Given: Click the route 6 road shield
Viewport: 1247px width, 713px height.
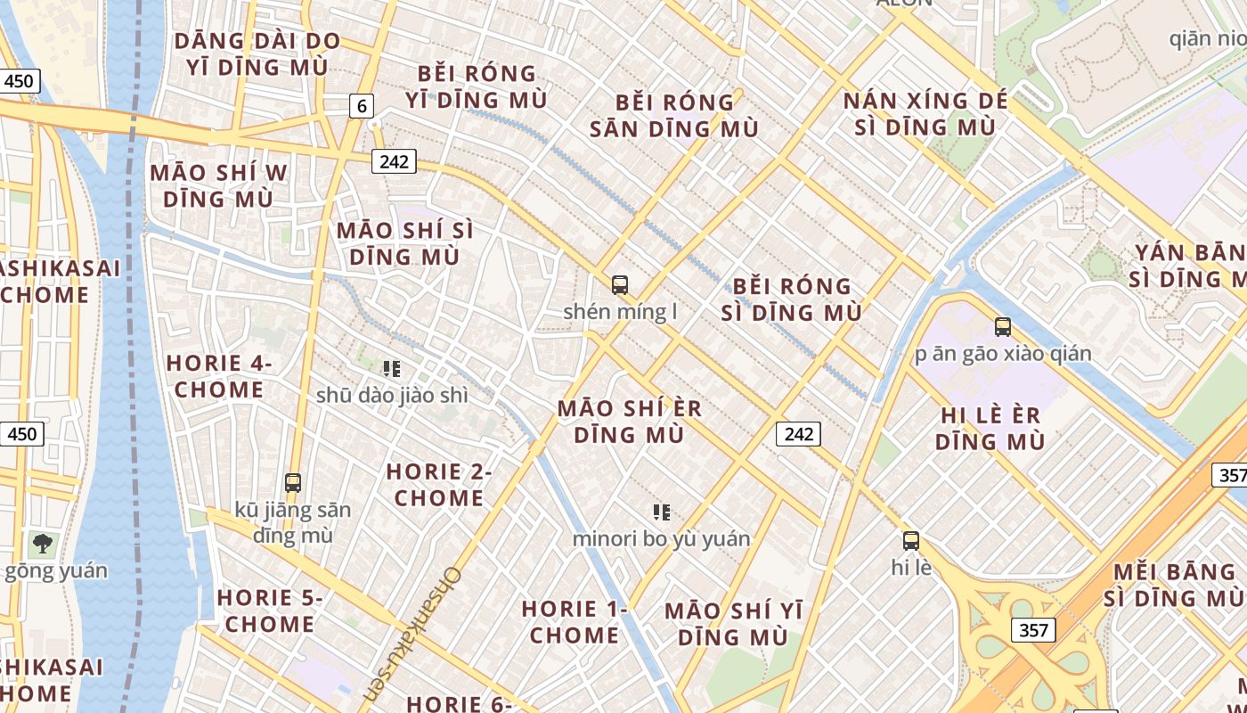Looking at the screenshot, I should (x=361, y=106).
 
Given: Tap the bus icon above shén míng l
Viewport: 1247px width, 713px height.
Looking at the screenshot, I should (x=620, y=285).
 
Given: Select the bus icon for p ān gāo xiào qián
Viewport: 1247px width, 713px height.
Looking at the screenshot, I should (x=1003, y=327).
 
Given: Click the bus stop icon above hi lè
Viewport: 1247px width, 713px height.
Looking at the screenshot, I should (x=911, y=540).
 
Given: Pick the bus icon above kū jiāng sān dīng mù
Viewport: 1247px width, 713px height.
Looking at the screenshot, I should (x=293, y=483).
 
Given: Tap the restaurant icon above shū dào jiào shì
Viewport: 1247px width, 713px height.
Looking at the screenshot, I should (x=391, y=368).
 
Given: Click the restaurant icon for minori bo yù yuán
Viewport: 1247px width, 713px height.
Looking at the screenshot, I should (x=661, y=512).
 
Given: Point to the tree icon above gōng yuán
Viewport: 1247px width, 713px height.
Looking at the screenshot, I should (x=41, y=543).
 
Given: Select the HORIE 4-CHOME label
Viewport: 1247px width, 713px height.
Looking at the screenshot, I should (x=219, y=376).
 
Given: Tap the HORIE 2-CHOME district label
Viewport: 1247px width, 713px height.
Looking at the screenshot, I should (x=439, y=485).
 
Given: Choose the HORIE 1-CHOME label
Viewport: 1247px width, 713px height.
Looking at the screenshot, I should (x=575, y=622).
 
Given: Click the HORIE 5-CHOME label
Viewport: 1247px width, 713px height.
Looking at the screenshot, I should (x=269, y=611).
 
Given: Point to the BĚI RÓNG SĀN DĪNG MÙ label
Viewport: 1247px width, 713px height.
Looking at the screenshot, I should (x=674, y=116).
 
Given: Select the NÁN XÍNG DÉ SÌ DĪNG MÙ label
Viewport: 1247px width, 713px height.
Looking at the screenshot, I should (x=925, y=113).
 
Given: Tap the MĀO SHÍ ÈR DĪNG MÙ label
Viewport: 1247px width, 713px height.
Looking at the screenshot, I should (x=630, y=422).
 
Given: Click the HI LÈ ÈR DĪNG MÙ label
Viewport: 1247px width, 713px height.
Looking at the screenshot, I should (x=991, y=428).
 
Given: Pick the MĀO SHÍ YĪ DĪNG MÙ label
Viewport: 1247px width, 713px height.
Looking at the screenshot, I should (x=733, y=624).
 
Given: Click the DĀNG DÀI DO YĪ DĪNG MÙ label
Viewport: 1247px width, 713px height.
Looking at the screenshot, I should (x=257, y=53).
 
